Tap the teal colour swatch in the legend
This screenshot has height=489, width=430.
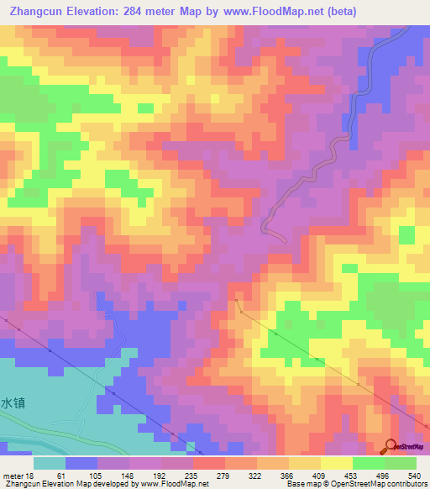point(50,464)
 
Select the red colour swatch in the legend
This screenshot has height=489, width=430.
point(209,464)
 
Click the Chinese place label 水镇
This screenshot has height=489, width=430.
point(13,403)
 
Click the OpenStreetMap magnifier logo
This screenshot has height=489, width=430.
point(392,446)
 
